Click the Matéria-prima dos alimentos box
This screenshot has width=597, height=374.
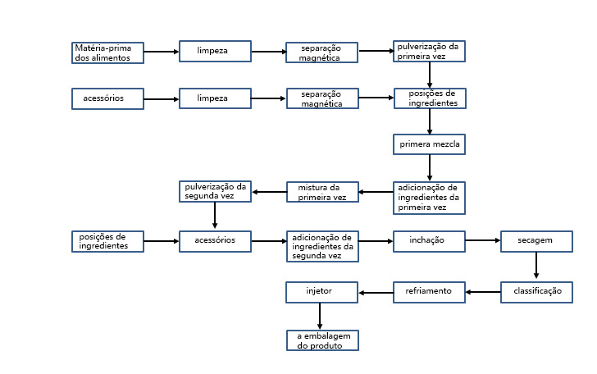coord(107,52)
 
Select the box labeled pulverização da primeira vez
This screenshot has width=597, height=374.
coord(429,51)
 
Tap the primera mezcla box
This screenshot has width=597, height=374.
coord(429,144)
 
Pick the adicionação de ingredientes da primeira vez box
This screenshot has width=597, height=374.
coord(429,198)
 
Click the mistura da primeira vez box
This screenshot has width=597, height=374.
coord(322,192)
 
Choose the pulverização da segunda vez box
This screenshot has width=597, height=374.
coord(215,191)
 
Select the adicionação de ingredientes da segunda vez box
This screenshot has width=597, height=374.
coord(322,246)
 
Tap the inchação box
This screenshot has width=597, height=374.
coord(429,241)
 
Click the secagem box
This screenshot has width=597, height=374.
coord(536,241)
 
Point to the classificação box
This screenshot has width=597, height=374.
coord(536,293)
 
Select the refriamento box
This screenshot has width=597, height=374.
coord(429,293)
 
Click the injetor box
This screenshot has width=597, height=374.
coord(321,293)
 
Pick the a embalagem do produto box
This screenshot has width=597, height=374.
coord(322,340)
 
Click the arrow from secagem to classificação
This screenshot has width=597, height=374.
coord(536,265)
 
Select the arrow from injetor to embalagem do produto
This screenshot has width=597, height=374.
coord(320,316)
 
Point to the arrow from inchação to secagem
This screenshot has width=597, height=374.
coord(483,240)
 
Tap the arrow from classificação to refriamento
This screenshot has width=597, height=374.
coord(483,292)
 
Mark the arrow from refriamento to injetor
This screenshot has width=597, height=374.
coord(376,293)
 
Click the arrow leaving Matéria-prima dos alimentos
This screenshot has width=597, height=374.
coord(162,52)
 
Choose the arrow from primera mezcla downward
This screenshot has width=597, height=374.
coord(430,167)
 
